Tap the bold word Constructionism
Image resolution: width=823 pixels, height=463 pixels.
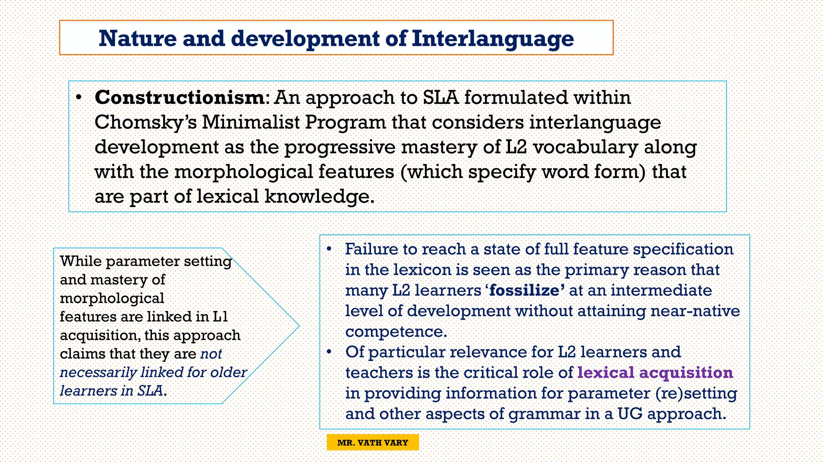click(179, 98)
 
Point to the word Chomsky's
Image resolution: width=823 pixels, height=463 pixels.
click(145, 123)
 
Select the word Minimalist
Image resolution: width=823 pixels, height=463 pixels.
click(251, 123)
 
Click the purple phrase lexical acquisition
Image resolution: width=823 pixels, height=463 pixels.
click(655, 373)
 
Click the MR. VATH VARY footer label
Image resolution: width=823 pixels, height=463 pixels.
click(373, 443)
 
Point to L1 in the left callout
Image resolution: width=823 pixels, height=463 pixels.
click(220, 317)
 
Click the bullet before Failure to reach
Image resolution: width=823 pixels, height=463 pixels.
click(329, 249)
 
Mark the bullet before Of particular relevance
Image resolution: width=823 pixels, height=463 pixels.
click(329, 352)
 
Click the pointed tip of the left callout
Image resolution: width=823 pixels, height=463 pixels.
click(299, 326)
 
